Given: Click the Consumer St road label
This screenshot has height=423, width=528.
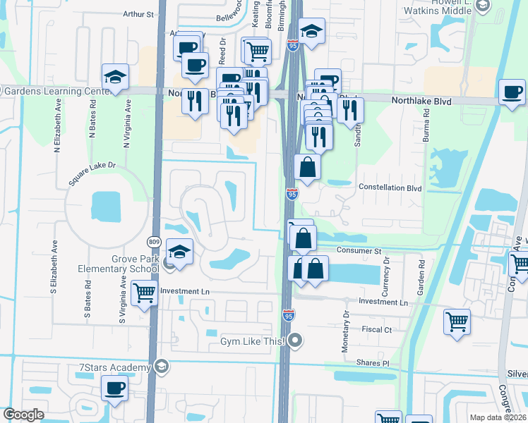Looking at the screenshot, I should click(359, 251).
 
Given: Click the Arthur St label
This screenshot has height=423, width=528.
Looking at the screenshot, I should click(138, 13).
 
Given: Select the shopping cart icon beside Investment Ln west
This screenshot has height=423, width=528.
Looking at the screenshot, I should click(144, 292).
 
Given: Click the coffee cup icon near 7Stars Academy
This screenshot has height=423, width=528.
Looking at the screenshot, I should click(115, 387).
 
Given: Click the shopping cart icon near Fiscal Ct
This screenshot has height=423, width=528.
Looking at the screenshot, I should click(457, 321).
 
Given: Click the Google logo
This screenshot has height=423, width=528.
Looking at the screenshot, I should click(23, 415).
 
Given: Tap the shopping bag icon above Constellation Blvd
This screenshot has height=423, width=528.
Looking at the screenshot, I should click(307, 167).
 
